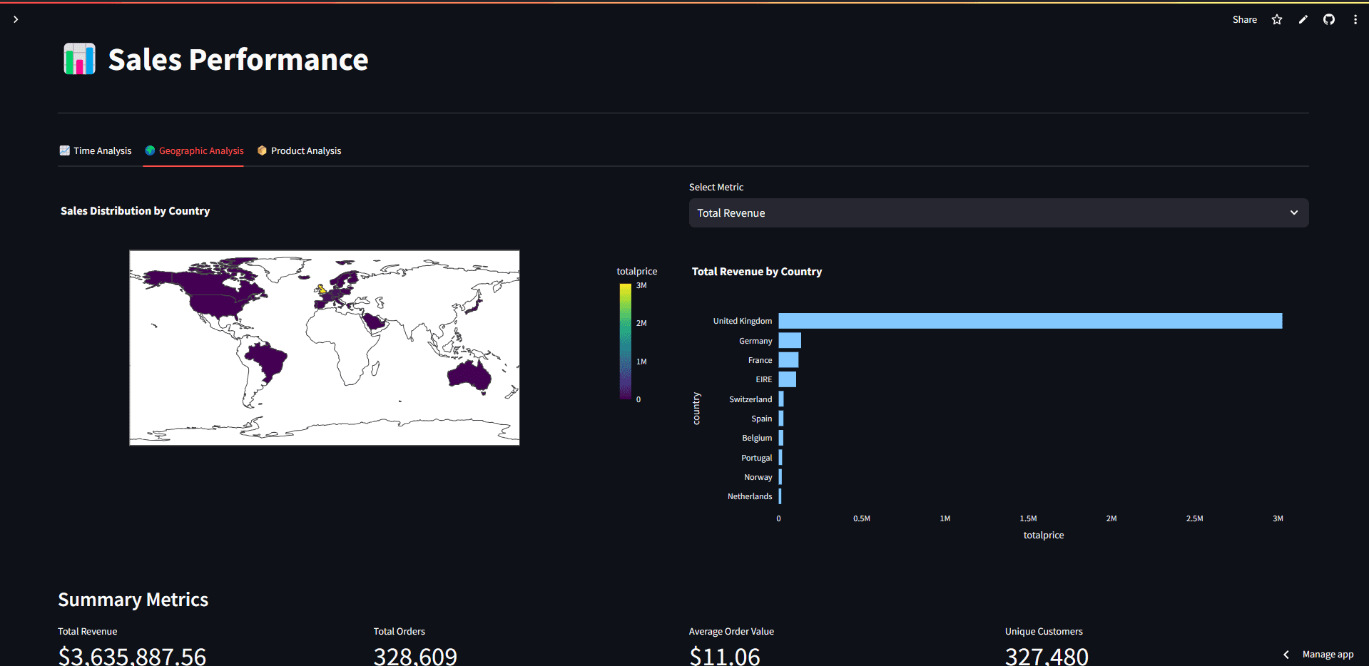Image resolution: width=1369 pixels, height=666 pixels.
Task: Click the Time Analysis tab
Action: click(x=96, y=151)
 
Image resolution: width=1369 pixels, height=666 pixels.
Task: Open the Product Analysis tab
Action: click(x=300, y=151)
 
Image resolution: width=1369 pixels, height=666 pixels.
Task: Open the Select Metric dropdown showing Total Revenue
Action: click(x=998, y=213)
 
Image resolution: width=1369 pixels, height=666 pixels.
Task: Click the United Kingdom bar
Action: click(x=1029, y=321)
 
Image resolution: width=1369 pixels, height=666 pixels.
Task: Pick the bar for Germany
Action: click(x=790, y=341)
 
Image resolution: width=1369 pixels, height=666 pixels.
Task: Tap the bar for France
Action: click(x=788, y=360)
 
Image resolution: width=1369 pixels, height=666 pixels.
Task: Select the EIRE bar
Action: click(x=787, y=379)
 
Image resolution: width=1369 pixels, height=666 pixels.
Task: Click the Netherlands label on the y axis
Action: click(x=749, y=496)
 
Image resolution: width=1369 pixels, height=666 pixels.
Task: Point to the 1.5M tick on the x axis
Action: click(x=1028, y=518)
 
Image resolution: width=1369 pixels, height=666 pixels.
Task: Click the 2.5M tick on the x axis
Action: click(x=1194, y=518)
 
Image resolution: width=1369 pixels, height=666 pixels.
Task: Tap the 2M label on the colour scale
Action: click(x=641, y=324)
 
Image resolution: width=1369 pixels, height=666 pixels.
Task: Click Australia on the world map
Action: click(x=469, y=374)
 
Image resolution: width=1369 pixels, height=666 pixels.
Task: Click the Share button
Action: click(x=1244, y=20)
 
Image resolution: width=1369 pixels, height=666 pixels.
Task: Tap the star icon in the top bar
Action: click(x=1277, y=20)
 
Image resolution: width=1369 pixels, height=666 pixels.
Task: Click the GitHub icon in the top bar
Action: click(x=1328, y=20)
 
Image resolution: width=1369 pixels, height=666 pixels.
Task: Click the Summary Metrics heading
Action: click(x=133, y=600)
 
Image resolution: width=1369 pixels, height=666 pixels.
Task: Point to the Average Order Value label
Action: click(x=731, y=632)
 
